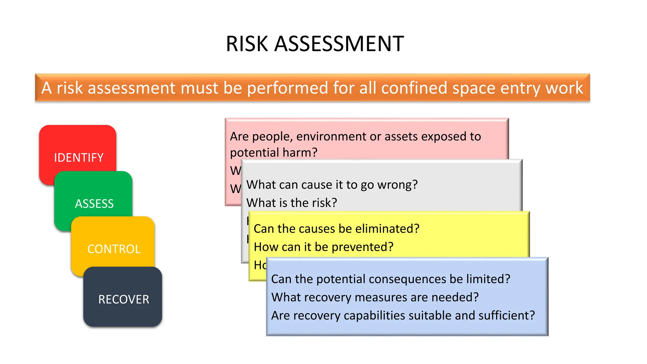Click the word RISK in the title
point(247,44)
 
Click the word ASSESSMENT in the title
point(339,44)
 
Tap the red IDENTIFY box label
point(79,157)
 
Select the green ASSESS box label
point(94,203)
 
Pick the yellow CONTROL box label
point(114,249)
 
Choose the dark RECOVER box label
point(124,299)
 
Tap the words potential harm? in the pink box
point(274,152)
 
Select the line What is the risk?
point(292,203)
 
